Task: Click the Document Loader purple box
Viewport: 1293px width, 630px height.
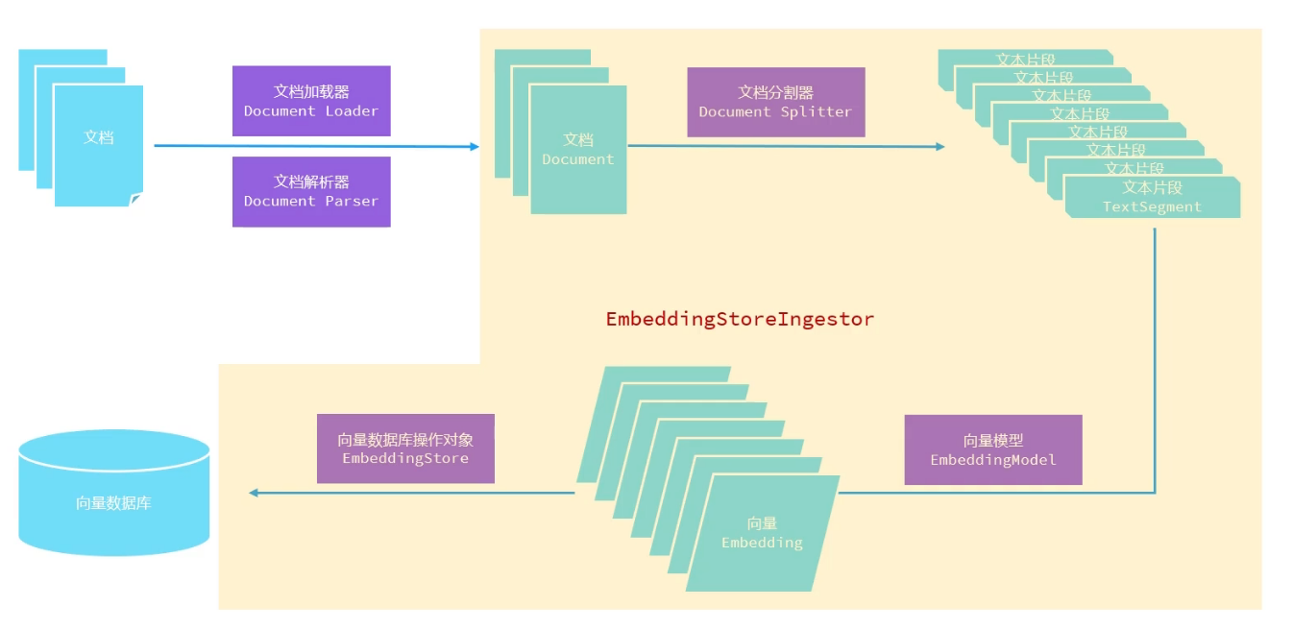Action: [x=311, y=101]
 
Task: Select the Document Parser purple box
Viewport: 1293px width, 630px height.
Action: [x=311, y=191]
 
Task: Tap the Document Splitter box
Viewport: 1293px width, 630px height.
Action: [x=775, y=102]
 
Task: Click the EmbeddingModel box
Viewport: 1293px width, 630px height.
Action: [x=993, y=449]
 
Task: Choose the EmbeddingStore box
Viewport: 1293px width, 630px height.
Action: [x=405, y=448]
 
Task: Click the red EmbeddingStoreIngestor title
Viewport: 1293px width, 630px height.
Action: [x=740, y=320]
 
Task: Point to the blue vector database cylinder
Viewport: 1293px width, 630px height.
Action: [x=113, y=492]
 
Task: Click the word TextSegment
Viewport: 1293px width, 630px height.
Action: [x=1152, y=206]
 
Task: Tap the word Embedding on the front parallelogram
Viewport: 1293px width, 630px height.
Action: [x=762, y=543]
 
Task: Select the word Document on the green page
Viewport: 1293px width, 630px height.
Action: [x=577, y=159]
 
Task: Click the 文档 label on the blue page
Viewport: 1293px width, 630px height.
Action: [x=98, y=137]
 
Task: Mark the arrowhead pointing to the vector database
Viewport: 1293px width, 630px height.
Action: [x=254, y=493]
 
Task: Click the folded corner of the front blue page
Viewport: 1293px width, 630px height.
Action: [x=135, y=200]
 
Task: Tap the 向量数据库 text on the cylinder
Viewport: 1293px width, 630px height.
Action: [x=113, y=502]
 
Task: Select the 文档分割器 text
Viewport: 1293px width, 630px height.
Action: [x=775, y=92]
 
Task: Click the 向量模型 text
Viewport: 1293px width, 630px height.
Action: [x=993, y=441]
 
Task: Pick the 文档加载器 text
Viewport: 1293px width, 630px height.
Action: [x=311, y=91]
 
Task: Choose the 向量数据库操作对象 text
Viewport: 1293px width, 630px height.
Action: [x=405, y=440]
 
